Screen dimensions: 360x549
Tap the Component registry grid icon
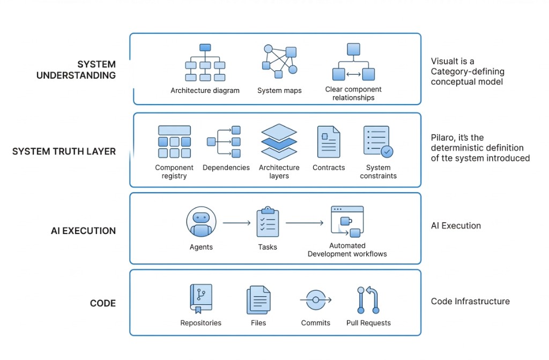(x=174, y=142)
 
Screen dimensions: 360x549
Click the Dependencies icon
(x=224, y=142)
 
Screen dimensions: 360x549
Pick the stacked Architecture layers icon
(x=279, y=142)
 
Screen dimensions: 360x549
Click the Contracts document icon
(x=329, y=142)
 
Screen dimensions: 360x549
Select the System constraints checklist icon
(x=378, y=142)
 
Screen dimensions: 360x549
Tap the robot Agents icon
(x=201, y=222)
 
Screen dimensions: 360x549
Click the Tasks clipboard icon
(x=268, y=222)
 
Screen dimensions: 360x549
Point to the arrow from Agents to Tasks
(x=236, y=222)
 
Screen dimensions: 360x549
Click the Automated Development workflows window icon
(x=347, y=221)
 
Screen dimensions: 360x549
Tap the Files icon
(x=258, y=300)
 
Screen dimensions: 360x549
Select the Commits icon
(x=316, y=300)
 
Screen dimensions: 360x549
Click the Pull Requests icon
(x=368, y=300)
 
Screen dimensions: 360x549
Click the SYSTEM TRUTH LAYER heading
(x=64, y=152)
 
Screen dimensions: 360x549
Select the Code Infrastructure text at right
(x=470, y=302)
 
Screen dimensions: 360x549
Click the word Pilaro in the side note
(x=443, y=138)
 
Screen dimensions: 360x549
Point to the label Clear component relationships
(x=353, y=93)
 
